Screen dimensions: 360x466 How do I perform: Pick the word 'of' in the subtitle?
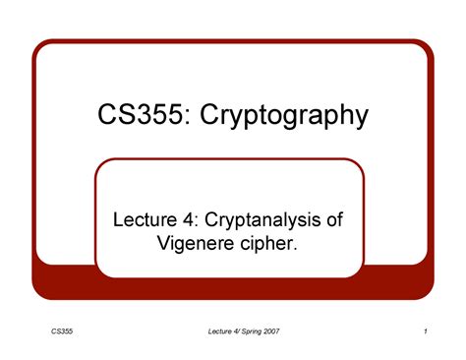(x=335, y=218)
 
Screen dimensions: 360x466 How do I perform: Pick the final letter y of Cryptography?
(x=361, y=121)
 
